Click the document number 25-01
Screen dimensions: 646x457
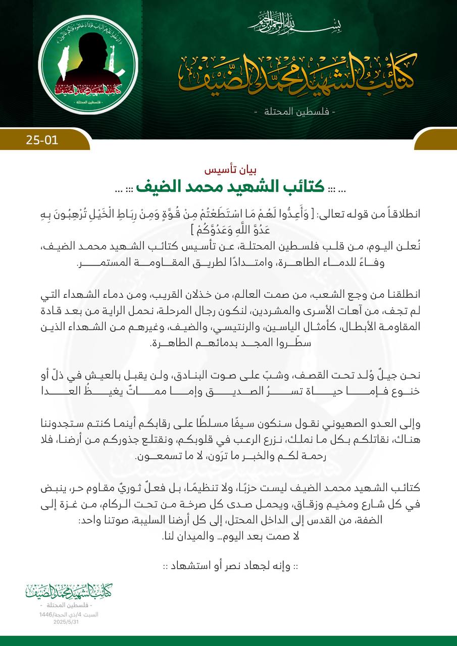coord(42,139)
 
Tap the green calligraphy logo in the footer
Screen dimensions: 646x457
coord(69,591)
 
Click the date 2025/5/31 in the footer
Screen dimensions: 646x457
coord(66,622)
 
